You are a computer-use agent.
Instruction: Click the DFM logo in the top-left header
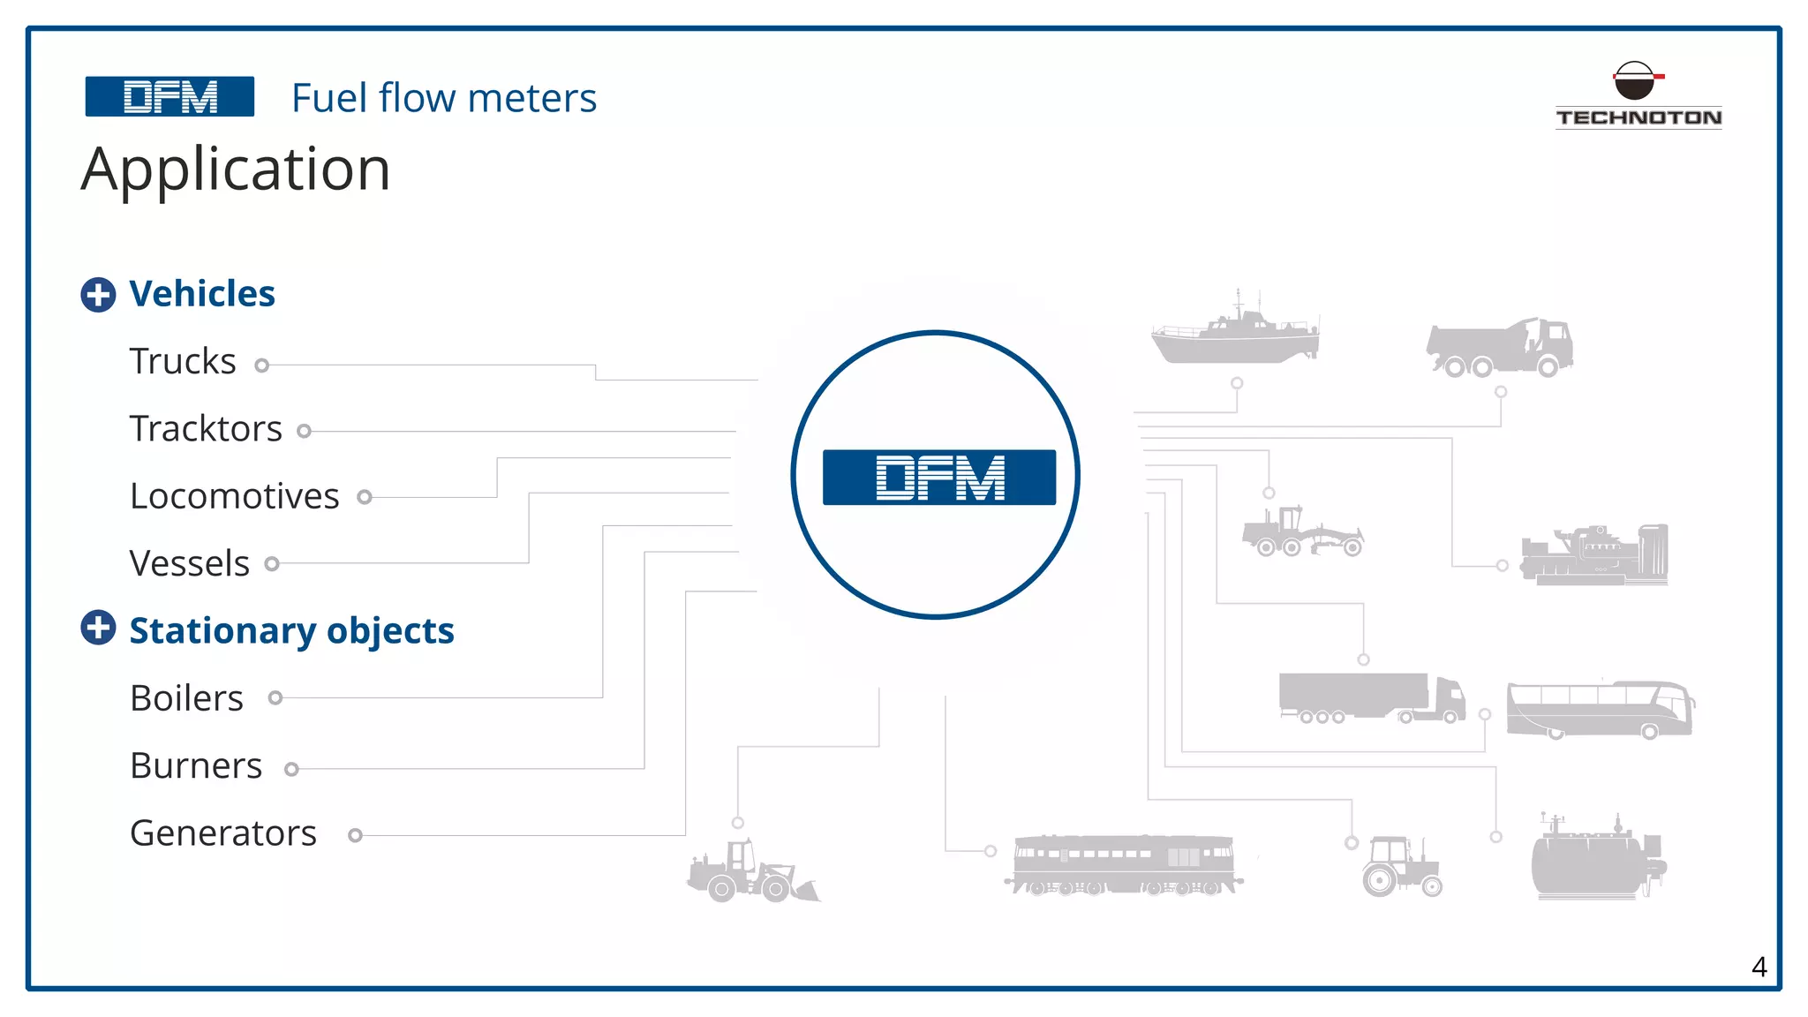coord(169,96)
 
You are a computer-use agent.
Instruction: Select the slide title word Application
coord(236,169)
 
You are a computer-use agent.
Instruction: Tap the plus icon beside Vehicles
coord(98,295)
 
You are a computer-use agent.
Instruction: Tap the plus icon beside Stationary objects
coord(98,628)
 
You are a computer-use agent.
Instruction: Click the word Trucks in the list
coord(183,361)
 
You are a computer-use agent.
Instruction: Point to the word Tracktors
coord(206,429)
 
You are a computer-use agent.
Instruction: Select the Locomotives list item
coord(234,496)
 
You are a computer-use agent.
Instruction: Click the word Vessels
coord(189,563)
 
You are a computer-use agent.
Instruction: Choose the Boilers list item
coord(186,698)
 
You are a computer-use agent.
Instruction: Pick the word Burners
coord(196,765)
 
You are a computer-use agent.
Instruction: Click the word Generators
coord(222,833)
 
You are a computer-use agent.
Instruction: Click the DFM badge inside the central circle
coord(938,478)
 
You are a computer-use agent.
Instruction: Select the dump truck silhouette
coord(1500,348)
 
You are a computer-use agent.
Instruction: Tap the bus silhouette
coord(1600,709)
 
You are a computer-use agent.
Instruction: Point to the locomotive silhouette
coord(1123,864)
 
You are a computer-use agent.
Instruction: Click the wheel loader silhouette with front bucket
coord(752,872)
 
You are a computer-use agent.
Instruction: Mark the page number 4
coord(1759,968)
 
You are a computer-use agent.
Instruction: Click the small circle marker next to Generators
coord(355,835)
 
